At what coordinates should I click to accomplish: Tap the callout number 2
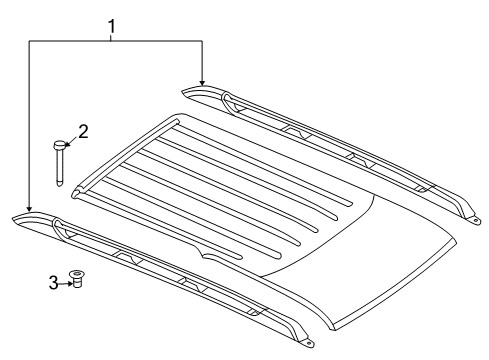[84, 131]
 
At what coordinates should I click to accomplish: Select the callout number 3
[52, 283]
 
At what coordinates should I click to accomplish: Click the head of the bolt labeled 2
[61, 146]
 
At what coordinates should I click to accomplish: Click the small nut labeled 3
[74, 279]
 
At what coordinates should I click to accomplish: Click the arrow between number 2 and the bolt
[73, 139]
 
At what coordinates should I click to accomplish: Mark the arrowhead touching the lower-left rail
[30, 207]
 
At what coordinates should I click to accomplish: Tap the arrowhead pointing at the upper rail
[202, 82]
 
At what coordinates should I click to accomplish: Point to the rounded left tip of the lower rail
[18, 218]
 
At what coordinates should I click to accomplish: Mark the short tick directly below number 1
[113, 36]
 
